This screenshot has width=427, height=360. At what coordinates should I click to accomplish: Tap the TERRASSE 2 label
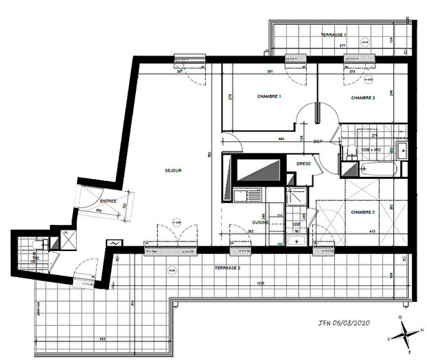227,266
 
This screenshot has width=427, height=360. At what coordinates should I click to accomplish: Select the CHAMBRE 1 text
268,97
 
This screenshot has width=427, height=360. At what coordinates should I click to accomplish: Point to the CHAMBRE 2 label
362,98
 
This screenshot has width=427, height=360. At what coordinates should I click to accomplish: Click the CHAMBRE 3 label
363,212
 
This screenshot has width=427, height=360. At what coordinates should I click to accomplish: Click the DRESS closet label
303,164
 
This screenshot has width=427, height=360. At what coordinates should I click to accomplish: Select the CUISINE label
259,222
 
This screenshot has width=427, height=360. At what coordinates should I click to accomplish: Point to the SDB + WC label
371,149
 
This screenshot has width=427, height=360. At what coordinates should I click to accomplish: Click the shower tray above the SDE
297,197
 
